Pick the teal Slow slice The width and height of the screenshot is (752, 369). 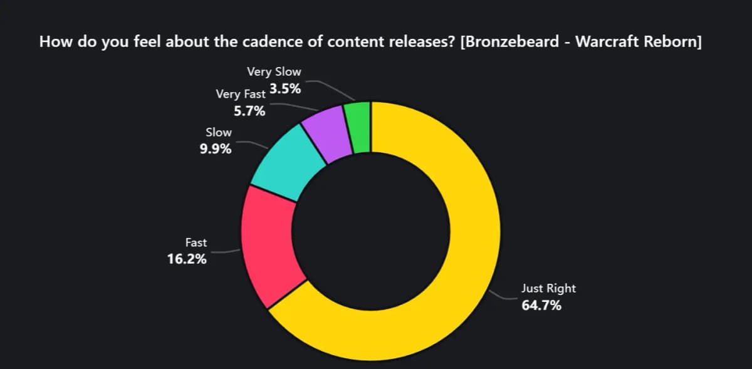tap(285, 163)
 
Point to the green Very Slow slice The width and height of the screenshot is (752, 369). tap(361, 127)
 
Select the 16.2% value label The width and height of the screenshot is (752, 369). tap(187, 259)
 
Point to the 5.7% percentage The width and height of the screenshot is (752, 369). tap(249, 112)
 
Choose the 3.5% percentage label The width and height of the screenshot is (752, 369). tap(285, 89)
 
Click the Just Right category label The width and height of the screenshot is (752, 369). tap(548, 289)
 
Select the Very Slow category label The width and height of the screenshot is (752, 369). tap(274, 72)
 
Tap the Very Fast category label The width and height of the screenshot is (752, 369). tap(241, 95)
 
